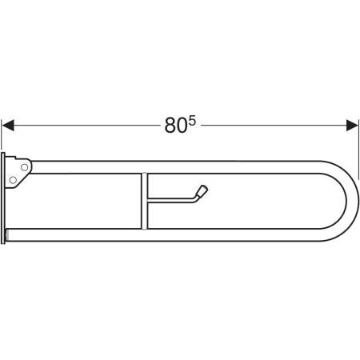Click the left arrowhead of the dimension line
[x=7, y=126]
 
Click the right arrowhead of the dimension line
[x=352, y=126]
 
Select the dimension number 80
[x=175, y=126]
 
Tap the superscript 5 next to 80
[x=192, y=122]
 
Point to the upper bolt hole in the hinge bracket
[x=25, y=167]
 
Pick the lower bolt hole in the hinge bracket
[x=13, y=180]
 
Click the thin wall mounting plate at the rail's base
[x=3, y=198]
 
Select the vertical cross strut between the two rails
[x=144, y=201]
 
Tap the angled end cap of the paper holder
[x=202, y=191]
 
